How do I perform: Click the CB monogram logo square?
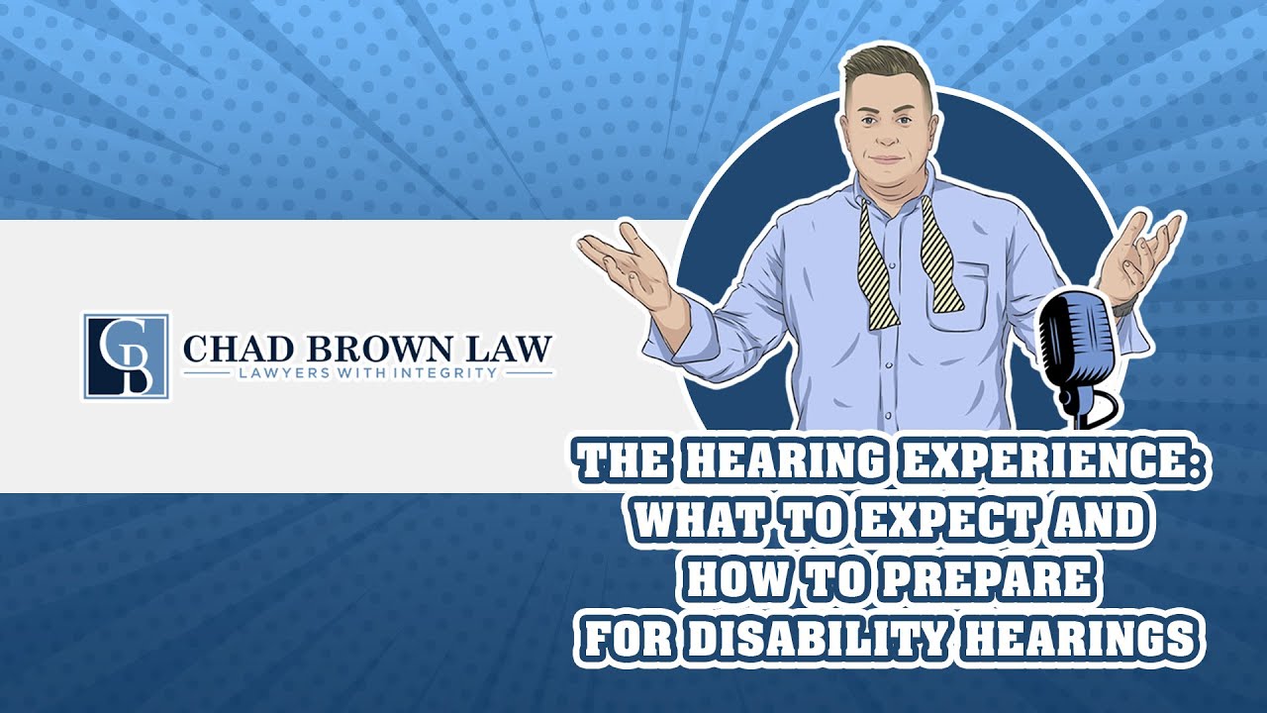(126, 356)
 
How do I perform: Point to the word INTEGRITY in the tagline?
(450, 374)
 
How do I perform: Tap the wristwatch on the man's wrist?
(1120, 309)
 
